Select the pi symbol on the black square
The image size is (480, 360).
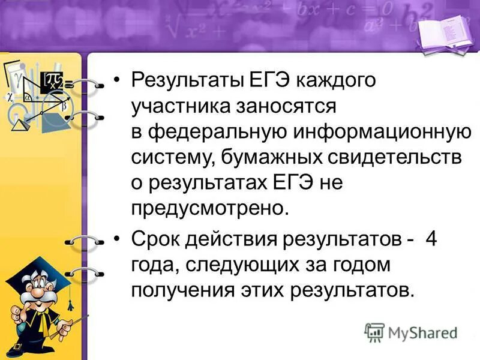click(x=55, y=80)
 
